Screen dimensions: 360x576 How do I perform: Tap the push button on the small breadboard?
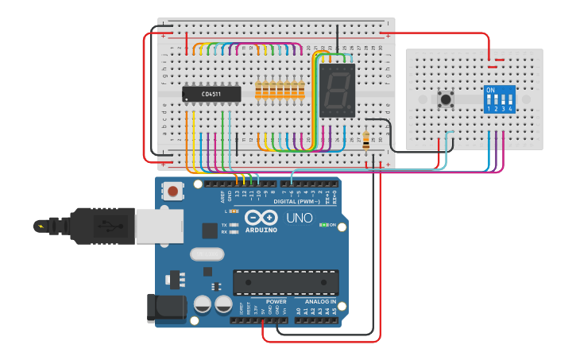(x=446, y=99)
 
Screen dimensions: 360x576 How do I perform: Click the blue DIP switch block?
(x=499, y=99)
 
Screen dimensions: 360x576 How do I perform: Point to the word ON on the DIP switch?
(x=490, y=90)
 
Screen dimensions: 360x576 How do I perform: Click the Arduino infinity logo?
(x=261, y=219)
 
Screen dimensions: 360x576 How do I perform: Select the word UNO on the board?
(x=299, y=218)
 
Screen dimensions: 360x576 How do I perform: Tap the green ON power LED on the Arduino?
(x=323, y=225)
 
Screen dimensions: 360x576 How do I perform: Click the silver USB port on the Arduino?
(x=159, y=226)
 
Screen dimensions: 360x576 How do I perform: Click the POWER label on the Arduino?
(x=276, y=302)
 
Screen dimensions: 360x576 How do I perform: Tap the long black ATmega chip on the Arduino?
(x=285, y=282)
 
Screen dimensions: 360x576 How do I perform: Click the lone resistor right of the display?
(x=365, y=141)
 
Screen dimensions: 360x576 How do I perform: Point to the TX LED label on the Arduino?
(x=225, y=226)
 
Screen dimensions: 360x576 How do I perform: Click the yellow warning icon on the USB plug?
(x=41, y=226)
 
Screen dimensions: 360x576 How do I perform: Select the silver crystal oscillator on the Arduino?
(x=207, y=254)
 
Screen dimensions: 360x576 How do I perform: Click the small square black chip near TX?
(x=210, y=230)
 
